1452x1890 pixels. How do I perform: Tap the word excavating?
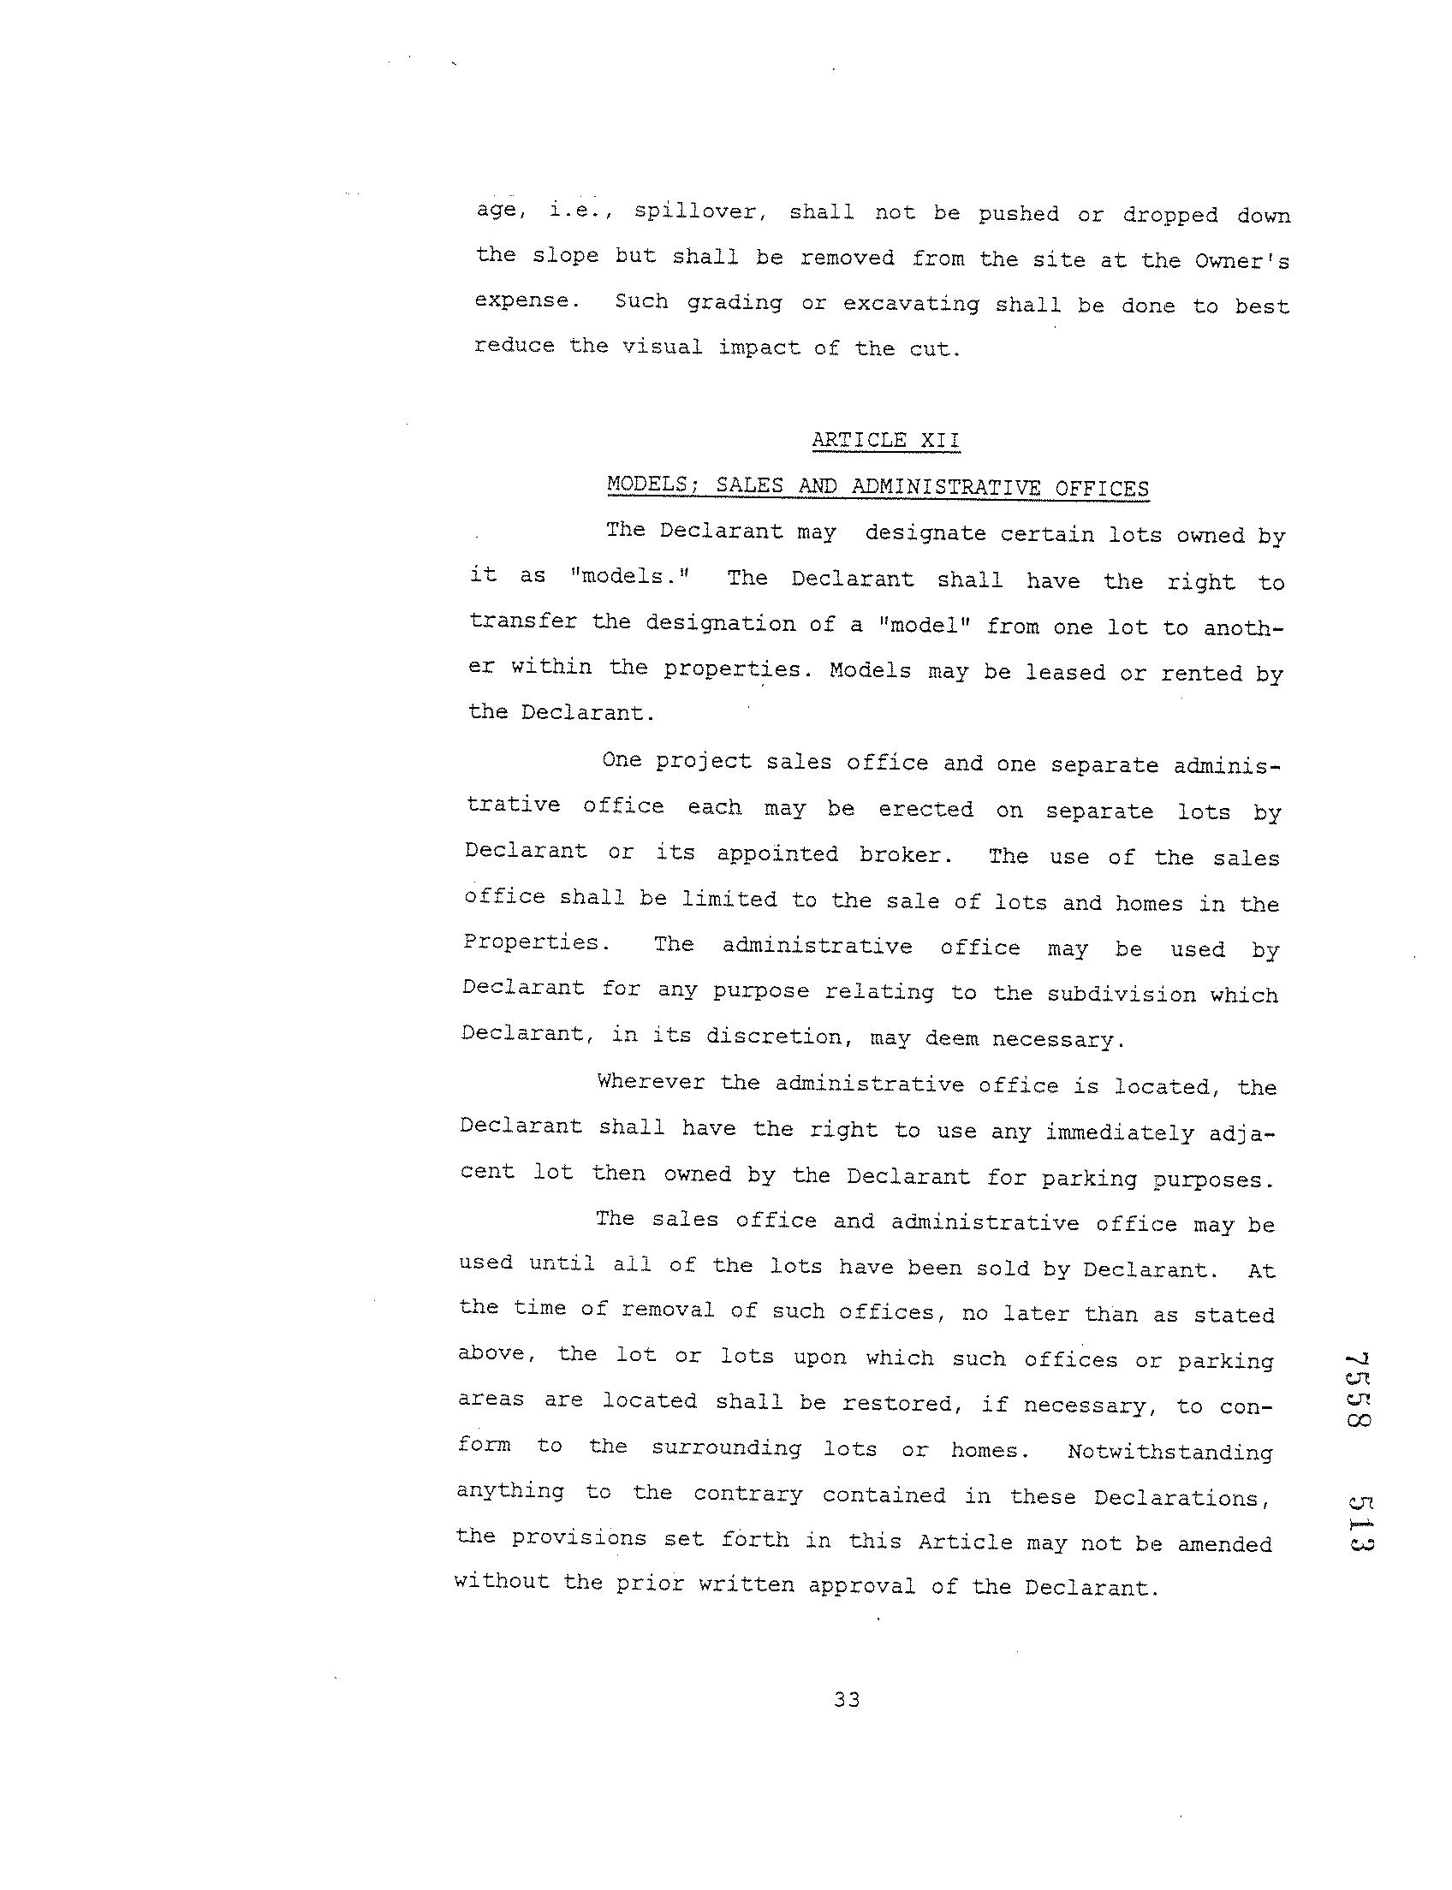pyautogui.click(x=911, y=304)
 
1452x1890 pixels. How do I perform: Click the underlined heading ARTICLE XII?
pyautogui.click(x=885, y=441)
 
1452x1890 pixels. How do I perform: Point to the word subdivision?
pyautogui.click(x=1122, y=994)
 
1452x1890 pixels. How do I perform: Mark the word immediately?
pyautogui.click(x=1120, y=1132)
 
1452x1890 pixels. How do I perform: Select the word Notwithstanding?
pyautogui.click(x=1169, y=1452)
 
